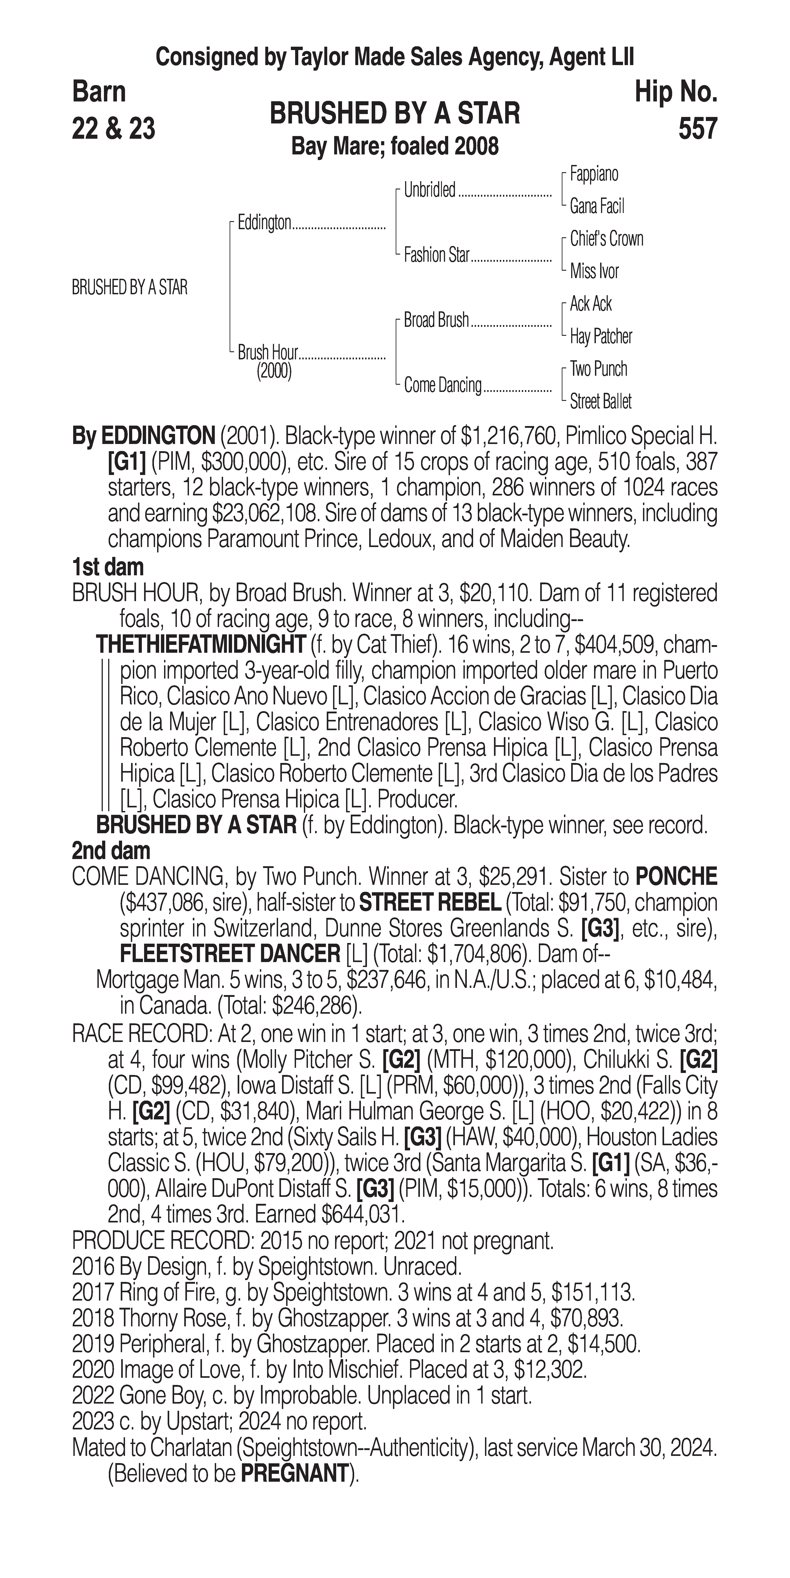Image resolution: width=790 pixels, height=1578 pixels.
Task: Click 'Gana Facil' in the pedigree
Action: [597, 207]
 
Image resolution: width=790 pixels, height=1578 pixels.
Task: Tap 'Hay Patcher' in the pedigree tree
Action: [601, 336]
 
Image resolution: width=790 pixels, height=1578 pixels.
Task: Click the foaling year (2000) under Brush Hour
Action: [274, 371]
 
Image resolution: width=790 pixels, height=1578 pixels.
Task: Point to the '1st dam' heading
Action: [108, 567]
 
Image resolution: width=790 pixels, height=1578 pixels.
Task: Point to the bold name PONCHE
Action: [676, 877]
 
